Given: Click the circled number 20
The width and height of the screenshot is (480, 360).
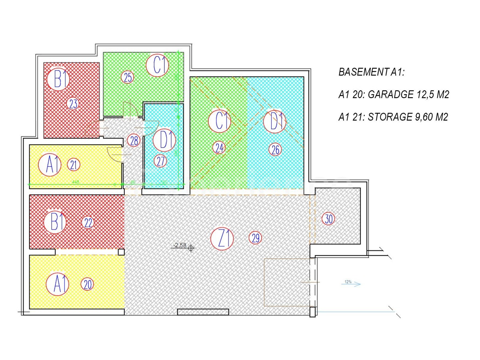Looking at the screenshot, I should [88, 284].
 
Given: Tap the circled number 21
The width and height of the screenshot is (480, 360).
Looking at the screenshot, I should [74, 164].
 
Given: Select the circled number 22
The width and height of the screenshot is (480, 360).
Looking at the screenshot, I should [88, 223].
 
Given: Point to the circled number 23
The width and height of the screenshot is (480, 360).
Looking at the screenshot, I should [73, 104].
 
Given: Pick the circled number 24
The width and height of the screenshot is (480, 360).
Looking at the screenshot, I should [219, 148].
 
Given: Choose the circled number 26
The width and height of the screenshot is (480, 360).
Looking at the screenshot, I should [275, 149].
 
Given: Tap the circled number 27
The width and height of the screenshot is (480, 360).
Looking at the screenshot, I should [160, 161].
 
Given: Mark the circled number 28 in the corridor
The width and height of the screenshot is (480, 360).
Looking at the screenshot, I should [134, 140].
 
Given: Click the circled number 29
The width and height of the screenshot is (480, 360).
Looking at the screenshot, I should [256, 238].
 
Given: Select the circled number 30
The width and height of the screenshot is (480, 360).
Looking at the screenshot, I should [329, 219].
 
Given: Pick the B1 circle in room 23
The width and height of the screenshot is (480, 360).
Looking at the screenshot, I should [59, 79].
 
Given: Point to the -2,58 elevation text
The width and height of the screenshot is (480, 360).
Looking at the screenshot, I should [178, 245].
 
